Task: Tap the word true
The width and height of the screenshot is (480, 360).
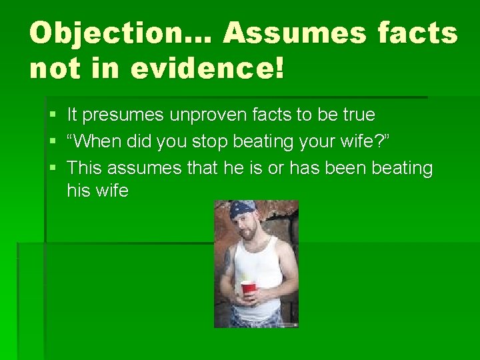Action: [359, 115]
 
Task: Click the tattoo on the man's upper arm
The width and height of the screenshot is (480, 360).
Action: [228, 260]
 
